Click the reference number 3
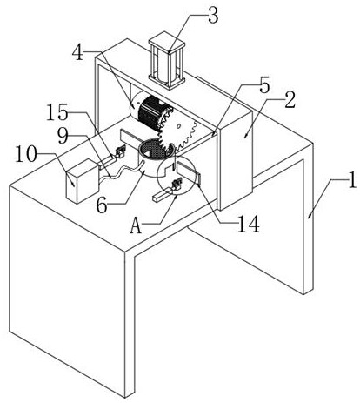coord(213,17)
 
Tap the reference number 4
coord(77,53)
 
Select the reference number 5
coord(264,85)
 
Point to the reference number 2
coord(290,100)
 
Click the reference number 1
coord(351,181)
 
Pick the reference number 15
coord(57,113)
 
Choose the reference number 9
coord(63,137)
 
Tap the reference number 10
coord(26,155)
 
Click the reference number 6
coord(102,206)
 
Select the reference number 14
coord(248,224)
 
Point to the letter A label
coord(136,226)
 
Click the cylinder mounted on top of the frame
coord(167,64)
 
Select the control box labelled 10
coord(83,181)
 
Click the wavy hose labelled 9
coord(122,171)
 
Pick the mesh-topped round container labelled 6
coord(156,158)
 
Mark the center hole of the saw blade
coord(179,126)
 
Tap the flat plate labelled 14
coord(189,172)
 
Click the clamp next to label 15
coord(120,151)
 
